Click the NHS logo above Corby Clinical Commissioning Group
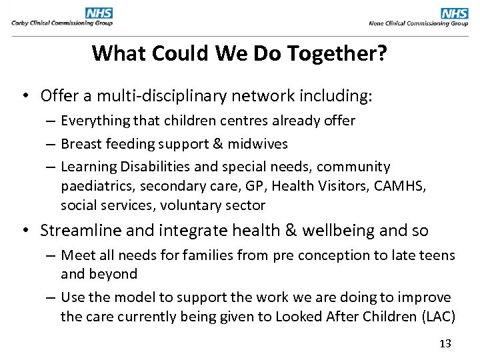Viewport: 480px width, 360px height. (x=99, y=13)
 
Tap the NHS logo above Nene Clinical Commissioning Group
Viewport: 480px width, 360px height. (x=455, y=13)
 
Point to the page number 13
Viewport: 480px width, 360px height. (x=445, y=343)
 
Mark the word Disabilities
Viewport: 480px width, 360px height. (x=146, y=167)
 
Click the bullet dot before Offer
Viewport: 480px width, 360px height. (x=24, y=97)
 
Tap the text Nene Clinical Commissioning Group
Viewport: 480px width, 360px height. (x=419, y=23)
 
